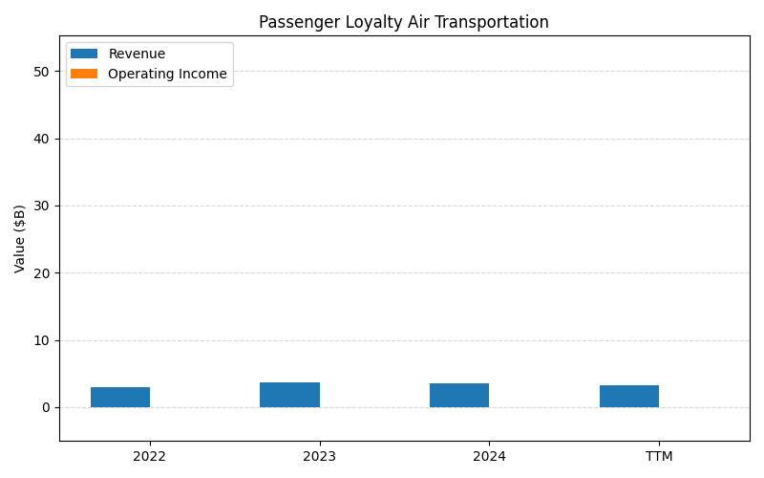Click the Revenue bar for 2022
120,397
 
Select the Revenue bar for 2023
289,395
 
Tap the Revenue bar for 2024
459,395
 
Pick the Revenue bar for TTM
629,396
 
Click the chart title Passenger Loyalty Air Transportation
404,22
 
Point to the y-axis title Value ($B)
20,238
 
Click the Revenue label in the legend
137,54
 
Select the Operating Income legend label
167,74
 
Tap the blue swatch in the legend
84,54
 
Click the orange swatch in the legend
84,74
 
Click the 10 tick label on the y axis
43,340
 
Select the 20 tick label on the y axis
43,273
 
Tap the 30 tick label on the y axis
43,206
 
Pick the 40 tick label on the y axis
43,139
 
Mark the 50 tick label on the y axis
43,72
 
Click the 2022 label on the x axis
150,456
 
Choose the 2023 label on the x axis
319,456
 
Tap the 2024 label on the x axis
489,456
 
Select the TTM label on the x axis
659,456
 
